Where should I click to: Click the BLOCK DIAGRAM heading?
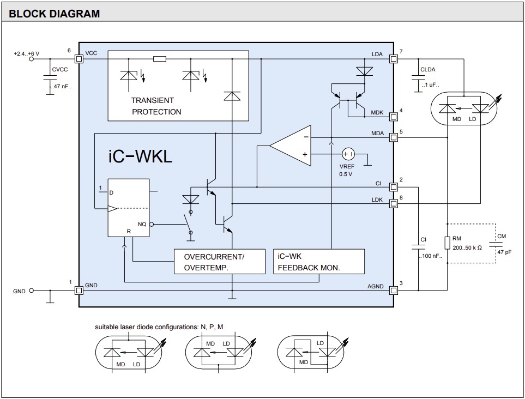point(55,14)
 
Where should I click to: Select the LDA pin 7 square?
point(393,58)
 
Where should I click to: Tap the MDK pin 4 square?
point(393,117)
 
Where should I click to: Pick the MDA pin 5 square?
point(393,137)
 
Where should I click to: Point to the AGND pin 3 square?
point(393,290)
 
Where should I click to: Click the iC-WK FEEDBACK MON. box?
point(318,262)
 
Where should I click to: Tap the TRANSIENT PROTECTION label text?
point(156,106)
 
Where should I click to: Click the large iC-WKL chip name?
point(140,156)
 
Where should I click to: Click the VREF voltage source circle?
point(348,154)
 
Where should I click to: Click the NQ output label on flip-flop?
point(142,224)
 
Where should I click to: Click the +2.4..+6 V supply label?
point(27,53)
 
